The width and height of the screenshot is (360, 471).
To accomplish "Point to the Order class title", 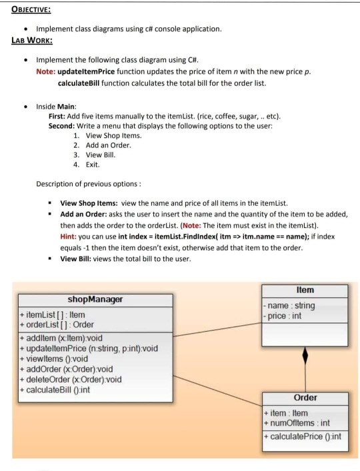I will coord(305,398).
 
